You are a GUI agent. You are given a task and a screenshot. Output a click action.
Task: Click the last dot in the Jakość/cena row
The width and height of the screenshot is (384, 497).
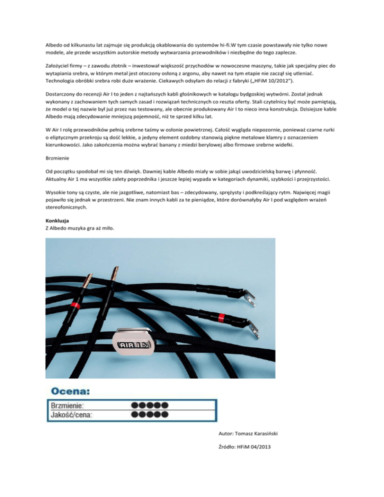164,414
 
